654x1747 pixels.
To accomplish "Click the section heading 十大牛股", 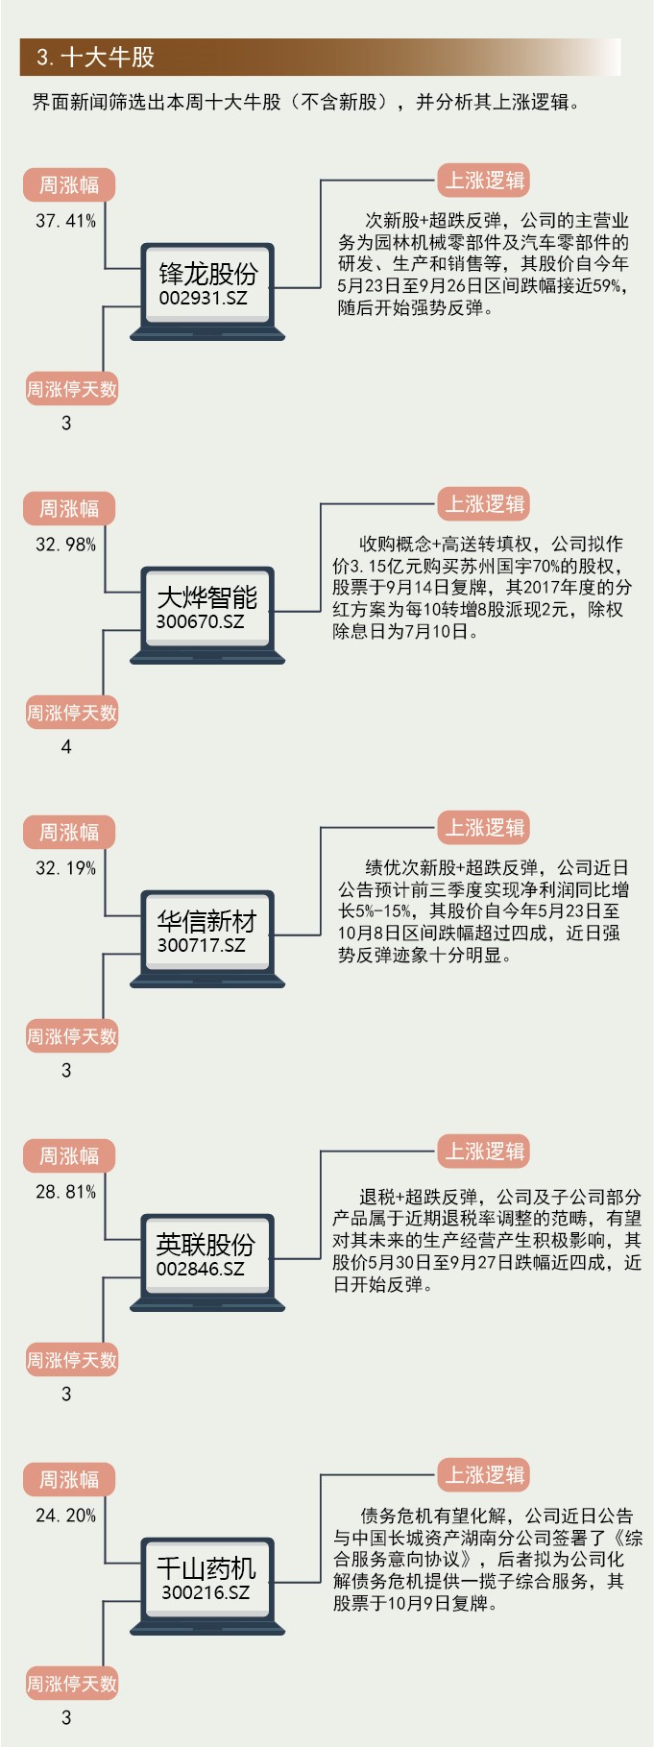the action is click(95, 58).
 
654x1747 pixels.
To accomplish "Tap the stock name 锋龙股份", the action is click(207, 274).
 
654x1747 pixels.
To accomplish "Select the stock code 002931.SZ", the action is click(203, 298).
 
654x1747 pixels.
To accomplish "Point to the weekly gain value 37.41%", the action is click(66, 221).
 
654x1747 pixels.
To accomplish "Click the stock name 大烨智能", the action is click(207, 597).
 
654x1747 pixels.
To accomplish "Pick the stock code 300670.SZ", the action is click(201, 621).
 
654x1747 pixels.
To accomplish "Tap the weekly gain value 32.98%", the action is click(66, 545).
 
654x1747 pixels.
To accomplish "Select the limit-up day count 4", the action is click(66, 746).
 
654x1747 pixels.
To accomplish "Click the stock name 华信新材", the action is click(207, 921).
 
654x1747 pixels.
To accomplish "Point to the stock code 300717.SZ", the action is click(202, 945).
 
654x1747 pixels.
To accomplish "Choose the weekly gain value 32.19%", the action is click(66, 868).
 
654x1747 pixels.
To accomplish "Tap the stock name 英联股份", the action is click(206, 1245).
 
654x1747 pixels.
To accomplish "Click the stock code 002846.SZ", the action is click(201, 1269).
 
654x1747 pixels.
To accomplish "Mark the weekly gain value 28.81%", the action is click(66, 1192).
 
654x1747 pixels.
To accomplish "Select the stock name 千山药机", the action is click(206, 1568).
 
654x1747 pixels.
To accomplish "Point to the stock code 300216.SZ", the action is click(206, 1592).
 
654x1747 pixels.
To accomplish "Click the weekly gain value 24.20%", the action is click(66, 1516).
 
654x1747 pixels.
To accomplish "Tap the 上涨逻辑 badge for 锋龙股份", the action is click(485, 181).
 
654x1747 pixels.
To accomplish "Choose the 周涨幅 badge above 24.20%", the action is click(69, 1479).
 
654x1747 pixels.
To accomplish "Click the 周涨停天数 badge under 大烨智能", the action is click(72, 713).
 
